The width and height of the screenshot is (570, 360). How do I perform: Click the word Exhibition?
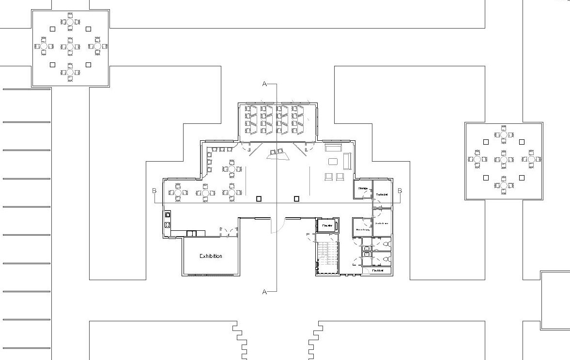pyautogui.click(x=211, y=256)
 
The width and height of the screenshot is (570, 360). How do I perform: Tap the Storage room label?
pyautogui.click(x=363, y=188)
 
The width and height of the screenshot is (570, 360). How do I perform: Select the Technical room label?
pyautogui.click(x=382, y=195)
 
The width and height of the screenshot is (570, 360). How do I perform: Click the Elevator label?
pyautogui.click(x=327, y=225)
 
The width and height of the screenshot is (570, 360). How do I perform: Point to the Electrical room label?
pyautogui.click(x=378, y=270)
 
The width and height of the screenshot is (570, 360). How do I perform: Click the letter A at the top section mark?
pyautogui.click(x=264, y=84)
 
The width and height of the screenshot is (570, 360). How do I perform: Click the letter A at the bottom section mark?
pyautogui.click(x=264, y=292)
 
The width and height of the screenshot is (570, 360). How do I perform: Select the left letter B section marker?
pyautogui.click(x=154, y=191)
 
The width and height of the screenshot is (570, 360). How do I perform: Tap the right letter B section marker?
pyautogui.click(x=400, y=191)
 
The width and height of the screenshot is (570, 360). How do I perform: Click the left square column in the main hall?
pyautogui.click(x=259, y=198)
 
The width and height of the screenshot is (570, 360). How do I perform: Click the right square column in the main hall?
pyautogui.click(x=296, y=198)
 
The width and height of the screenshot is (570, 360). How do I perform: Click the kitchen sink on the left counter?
pyautogui.click(x=168, y=214)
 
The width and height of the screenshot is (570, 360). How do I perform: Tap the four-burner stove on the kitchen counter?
pyautogui.click(x=168, y=225)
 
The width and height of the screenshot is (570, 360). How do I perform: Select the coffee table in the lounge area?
pyautogui.click(x=333, y=162)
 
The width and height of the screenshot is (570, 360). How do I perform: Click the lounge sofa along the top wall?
pyautogui.click(x=333, y=148)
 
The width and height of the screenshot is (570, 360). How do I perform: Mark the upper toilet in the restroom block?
pyautogui.click(x=386, y=245)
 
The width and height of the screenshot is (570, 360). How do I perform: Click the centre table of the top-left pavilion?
pyautogui.click(x=70, y=46)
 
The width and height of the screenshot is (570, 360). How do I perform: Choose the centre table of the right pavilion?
pyautogui.click(x=504, y=159)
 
